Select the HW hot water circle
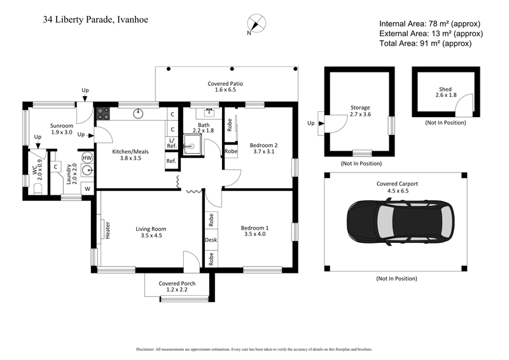(x=87, y=157)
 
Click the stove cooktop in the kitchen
(x=103, y=115)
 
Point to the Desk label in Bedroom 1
(x=211, y=240)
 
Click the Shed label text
(x=445, y=90)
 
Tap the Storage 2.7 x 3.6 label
(x=360, y=111)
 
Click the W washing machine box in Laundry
(x=87, y=189)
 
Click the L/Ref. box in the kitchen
(x=171, y=143)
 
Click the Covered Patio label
(x=225, y=87)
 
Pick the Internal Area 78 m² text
(x=431, y=23)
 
